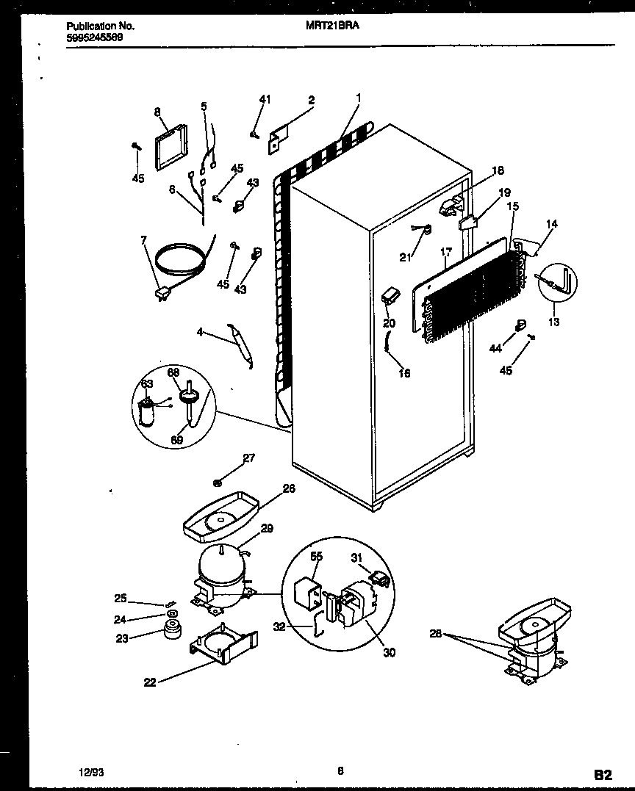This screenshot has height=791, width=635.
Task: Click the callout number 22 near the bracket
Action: [x=150, y=682]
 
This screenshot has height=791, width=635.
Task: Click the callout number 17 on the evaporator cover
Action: [x=445, y=252]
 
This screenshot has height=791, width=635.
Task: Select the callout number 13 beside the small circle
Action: [x=553, y=322]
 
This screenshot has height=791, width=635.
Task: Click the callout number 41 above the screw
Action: [x=265, y=100]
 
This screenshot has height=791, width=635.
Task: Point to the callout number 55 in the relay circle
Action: [x=316, y=557]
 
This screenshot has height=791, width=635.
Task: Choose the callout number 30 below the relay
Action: [x=389, y=652]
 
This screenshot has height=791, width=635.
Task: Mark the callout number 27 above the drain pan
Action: [x=248, y=458]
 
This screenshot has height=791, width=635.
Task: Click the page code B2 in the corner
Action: [x=603, y=773]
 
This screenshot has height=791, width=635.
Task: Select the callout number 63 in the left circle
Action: [x=147, y=383]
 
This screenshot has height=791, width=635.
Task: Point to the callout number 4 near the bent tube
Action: [x=200, y=333]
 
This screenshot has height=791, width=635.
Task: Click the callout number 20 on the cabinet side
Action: [x=389, y=322]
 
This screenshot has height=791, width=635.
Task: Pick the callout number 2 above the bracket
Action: [x=312, y=100]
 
